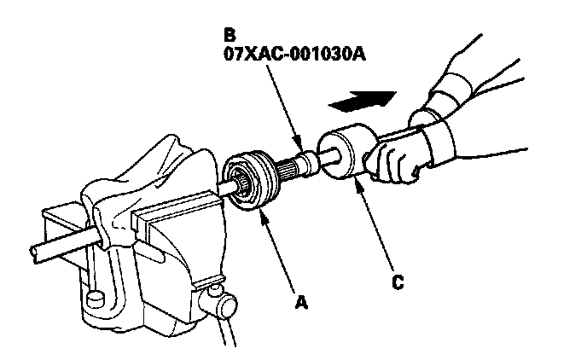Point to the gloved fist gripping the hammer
pos(394,159)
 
